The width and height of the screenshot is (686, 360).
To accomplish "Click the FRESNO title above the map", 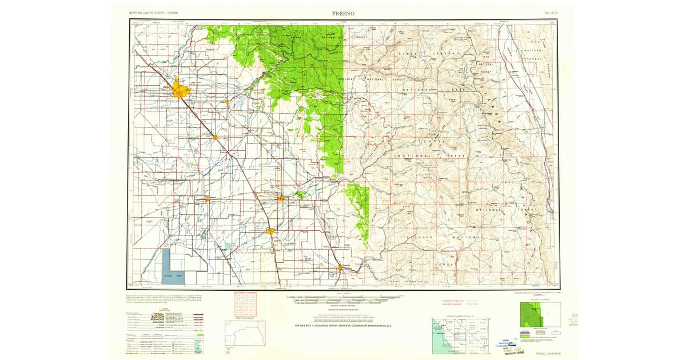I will click(x=342, y=12).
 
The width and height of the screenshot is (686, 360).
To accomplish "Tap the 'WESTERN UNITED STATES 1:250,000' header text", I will click(x=153, y=12).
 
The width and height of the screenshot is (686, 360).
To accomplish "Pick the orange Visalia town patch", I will click(x=281, y=198).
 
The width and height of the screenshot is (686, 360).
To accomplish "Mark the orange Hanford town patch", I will click(x=207, y=199).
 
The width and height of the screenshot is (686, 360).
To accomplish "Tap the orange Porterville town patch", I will click(x=341, y=267).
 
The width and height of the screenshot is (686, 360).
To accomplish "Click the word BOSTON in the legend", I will click(x=157, y=316).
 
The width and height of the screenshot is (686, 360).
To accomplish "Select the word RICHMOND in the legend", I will click(x=157, y=320).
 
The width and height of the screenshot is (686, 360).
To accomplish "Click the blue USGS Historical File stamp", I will click(x=508, y=342).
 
